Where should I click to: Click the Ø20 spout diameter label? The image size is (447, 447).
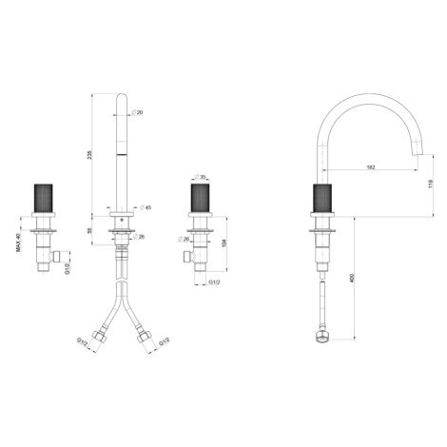(137, 112)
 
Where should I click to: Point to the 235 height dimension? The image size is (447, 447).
(89, 154)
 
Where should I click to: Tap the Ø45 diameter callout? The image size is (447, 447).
(146, 207)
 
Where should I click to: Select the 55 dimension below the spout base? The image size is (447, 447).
(89, 230)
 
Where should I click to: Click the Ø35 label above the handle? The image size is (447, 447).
(200, 177)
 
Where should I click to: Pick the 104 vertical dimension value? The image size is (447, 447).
(224, 243)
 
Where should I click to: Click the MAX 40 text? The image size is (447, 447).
(18, 243)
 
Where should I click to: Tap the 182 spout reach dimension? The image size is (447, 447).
(371, 167)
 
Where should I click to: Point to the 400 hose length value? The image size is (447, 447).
(352, 278)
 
